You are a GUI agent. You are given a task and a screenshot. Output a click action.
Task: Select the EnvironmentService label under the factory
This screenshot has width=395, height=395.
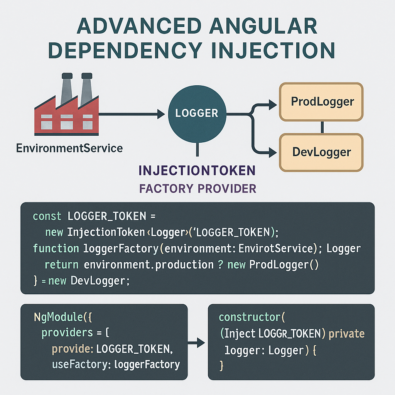(x=69, y=148)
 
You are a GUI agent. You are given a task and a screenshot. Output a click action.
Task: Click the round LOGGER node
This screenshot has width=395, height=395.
(x=197, y=113)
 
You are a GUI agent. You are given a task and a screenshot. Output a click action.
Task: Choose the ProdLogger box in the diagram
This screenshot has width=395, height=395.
(x=322, y=101)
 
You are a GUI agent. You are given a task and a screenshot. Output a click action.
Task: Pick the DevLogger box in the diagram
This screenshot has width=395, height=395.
(x=321, y=152)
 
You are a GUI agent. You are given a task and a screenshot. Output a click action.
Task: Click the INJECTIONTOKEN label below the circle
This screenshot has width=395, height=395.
(x=197, y=170)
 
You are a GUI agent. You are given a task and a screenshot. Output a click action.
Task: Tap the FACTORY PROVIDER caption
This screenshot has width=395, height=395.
(x=197, y=189)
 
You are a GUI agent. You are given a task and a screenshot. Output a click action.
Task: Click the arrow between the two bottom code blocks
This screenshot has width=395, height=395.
(x=197, y=341)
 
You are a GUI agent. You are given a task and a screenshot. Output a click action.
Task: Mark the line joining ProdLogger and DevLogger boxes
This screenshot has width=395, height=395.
(x=322, y=127)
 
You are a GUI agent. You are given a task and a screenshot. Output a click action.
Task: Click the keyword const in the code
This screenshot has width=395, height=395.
(x=47, y=216)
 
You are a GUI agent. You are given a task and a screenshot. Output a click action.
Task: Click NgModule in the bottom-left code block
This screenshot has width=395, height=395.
(x=58, y=317)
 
